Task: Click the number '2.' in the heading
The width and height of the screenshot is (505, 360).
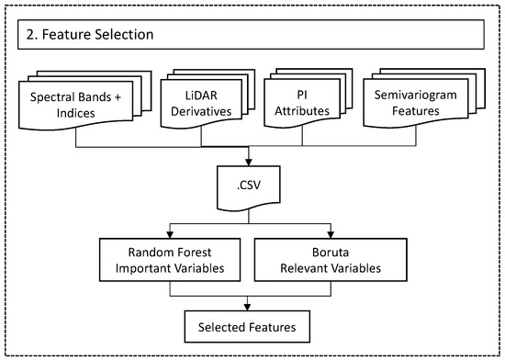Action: (31, 34)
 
